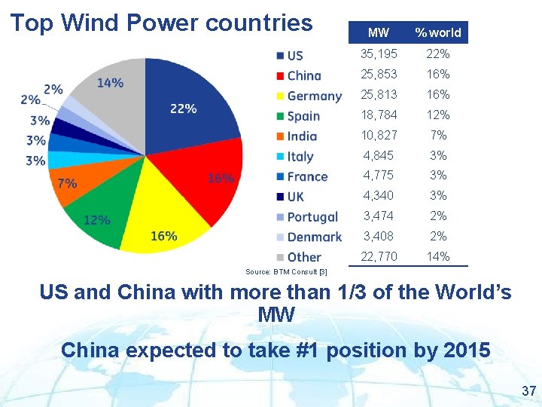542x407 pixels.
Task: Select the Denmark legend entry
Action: [x=308, y=237]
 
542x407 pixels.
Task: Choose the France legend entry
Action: [x=301, y=176]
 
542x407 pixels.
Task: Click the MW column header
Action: [x=378, y=32]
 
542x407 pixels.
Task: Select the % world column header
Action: [x=438, y=32]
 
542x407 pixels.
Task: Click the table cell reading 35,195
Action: [x=379, y=54]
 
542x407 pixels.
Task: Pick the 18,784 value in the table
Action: [x=379, y=115]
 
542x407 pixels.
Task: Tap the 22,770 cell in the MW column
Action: [x=379, y=257]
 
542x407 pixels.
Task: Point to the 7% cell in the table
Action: [x=437, y=136]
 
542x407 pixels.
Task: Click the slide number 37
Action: [x=528, y=390]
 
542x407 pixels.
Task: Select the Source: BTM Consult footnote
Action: [x=286, y=271]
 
